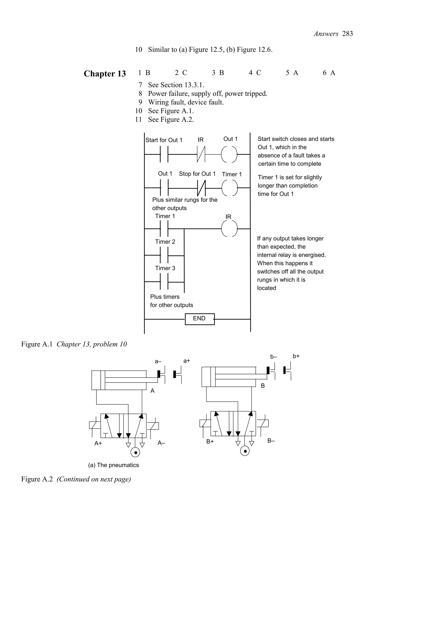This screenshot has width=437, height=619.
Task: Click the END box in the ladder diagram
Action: click(x=200, y=319)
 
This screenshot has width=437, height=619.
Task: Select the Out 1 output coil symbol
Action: click(x=229, y=154)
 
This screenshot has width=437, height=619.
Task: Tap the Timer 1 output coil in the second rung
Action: click(x=230, y=188)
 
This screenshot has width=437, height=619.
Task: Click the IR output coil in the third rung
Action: click(x=229, y=229)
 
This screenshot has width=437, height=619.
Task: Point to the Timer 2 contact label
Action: click(x=165, y=242)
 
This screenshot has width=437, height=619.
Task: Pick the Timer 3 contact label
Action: click(x=165, y=268)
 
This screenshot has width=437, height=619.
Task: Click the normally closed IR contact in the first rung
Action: click(x=201, y=154)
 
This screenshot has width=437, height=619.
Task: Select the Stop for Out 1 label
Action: click(x=197, y=174)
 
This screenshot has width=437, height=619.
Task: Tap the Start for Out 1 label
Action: click(x=164, y=140)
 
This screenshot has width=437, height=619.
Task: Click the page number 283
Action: click(x=347, y=34)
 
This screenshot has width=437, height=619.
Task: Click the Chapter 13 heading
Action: click(x=105, y=74)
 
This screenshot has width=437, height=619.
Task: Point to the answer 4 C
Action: click(x=255, y=73)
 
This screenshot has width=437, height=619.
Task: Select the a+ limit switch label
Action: click(x=186, y=361)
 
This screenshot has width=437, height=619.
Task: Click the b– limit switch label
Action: click(x=274, y=357)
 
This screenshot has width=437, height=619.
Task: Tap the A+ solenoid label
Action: click(x=98, y=443)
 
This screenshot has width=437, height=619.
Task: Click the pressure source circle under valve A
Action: click(x=135, y=452)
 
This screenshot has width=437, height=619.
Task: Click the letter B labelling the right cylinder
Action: click(x=263, y=386)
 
